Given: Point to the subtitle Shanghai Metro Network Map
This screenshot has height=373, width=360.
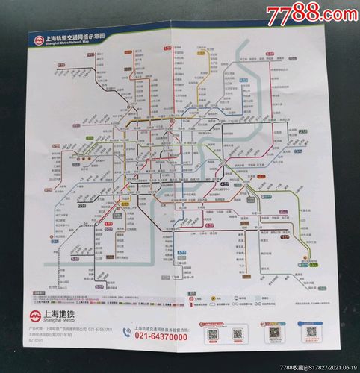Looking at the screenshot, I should click(x=71, y=43).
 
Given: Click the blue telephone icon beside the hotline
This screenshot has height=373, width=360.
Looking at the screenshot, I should click(x=127, y=333).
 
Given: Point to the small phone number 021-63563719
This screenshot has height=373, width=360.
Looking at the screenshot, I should click(x=98, y=327).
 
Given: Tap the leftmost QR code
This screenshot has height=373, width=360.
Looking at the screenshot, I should click(x=214, y=333).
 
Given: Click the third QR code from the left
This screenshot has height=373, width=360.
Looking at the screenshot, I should click(x=274, y=333).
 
